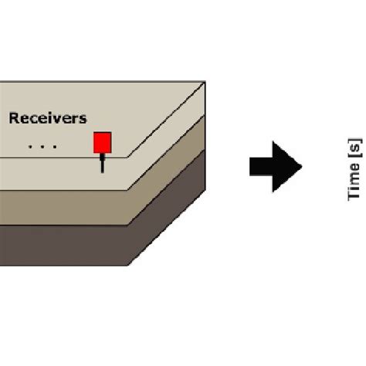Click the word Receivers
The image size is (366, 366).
(48, 119)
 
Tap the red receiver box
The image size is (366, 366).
(103, 142)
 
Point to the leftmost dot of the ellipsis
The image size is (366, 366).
(29, 144)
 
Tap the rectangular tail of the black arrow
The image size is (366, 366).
(261, 165)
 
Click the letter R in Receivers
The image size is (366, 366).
(13, 119)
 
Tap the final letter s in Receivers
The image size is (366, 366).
(83, 120)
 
